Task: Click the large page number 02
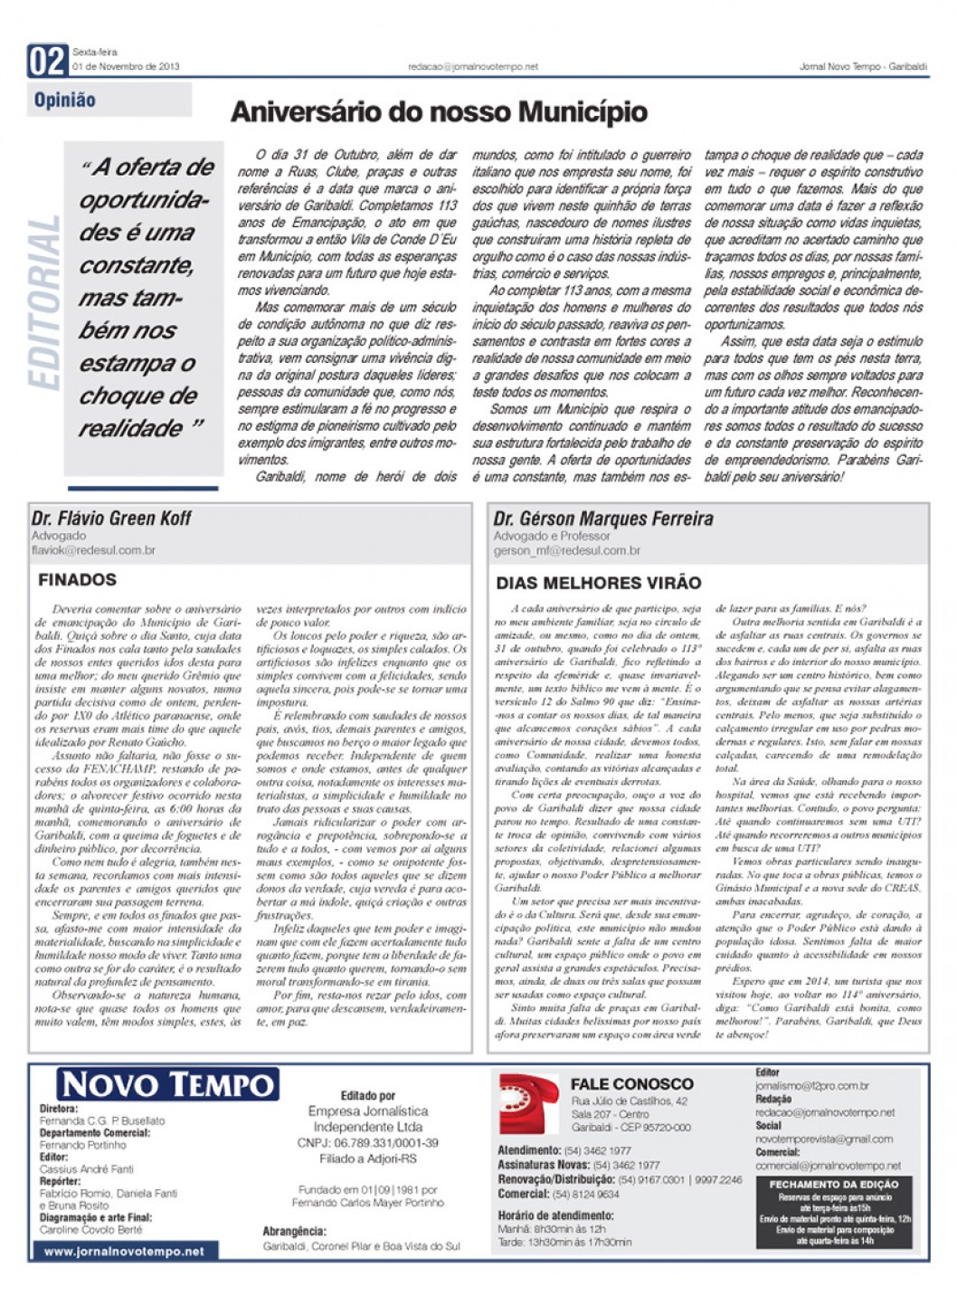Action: pyautogui.click(x=47, y=61)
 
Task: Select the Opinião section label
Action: pyautogui.click(x=65, y=100)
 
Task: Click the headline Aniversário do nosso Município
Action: pyautogui.click(x=439, y=112)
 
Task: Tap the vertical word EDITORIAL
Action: pyautogui.click(x=44, y=303)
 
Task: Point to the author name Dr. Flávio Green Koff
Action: pyautogui.click(x=111, y=519)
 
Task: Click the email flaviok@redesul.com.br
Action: pyautogui.click(x=93, y=549)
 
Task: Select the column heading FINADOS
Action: pyautogui.click(x=78, y=580)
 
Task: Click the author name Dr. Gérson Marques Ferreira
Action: pyautogui.click(x=602, y=519)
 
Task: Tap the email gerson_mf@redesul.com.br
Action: pyautogui.click(x=566, y=550)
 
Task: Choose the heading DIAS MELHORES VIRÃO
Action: pyautogui.click(x=599, y=583)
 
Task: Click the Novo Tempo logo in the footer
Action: pyautogui.click(x=167, y=1084)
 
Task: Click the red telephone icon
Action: pyautogui.click(x=529, y=1103)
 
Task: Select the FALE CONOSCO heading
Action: pyautogui.click(x=631, y=1083)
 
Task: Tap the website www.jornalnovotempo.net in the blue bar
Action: pyautogui.click(x=124, y=1252)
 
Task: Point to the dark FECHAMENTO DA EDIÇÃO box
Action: pyautogui.click(x=833, y=1212)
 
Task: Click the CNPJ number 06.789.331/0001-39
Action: pyautogui.click(x=367, y=1143)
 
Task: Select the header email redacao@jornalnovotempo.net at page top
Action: pyautogui.click(x=472, y=66)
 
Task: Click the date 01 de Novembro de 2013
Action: pyautogui.click(x=126, y=66)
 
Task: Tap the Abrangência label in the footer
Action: pyautogui.click(x=294, y=1231)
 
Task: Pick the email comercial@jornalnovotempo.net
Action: pyautogui.click(x=828, y=1166)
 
